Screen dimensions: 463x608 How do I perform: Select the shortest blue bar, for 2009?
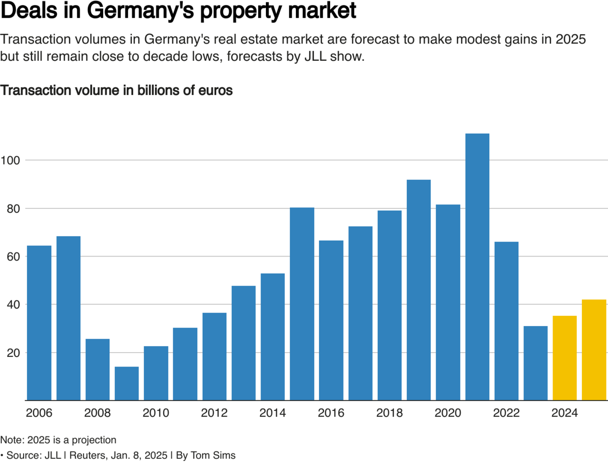coord(127,383)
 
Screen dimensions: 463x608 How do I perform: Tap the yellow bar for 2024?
coord(565,358)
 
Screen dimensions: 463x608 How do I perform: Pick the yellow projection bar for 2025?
coord(594,350)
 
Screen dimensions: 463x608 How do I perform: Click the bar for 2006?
coord(39,323)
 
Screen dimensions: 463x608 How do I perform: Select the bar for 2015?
coord(302,304)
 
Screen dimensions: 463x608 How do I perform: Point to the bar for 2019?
coord(419,290)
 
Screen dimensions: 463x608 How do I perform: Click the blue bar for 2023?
coord(536,363)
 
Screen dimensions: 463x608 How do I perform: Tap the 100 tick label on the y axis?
coord(10,161)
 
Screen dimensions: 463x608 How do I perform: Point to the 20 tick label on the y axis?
coord(13,353)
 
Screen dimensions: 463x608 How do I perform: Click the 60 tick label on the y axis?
coord(13,257)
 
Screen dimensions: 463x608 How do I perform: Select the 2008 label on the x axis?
coord(97,413)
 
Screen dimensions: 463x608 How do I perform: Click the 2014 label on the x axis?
coord(273,413)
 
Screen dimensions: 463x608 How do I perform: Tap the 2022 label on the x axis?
coord(506,413)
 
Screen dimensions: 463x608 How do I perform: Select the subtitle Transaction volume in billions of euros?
coord(116,91)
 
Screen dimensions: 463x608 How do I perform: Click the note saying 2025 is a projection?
coord(58,440)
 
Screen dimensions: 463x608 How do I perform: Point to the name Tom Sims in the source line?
coord(213,455)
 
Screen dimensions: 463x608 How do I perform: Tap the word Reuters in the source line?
coord(87,455)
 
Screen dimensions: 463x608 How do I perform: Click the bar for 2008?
coord(97,369)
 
